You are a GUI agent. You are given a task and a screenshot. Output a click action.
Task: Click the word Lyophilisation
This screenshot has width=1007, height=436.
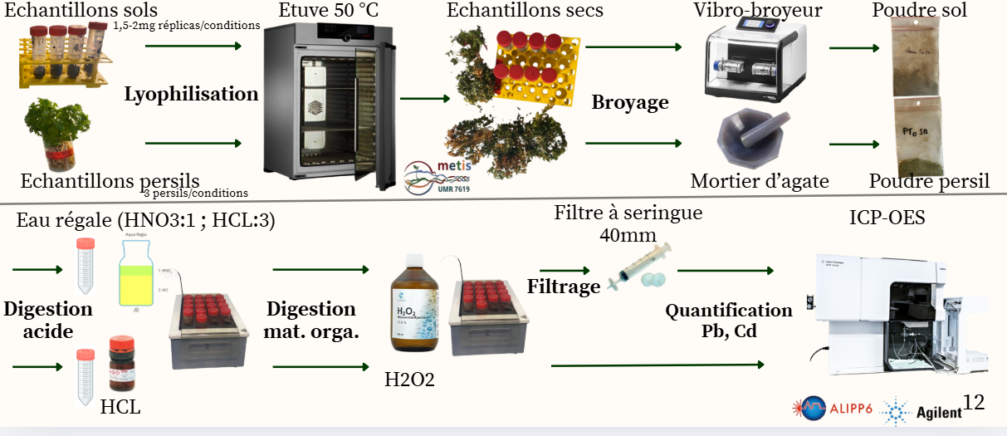[x=191, y=94]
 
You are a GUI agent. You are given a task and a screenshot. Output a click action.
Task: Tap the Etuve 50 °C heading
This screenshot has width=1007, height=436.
[x=321, y=11]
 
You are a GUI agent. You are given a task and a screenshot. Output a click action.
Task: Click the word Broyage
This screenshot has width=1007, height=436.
[x=629, y=103]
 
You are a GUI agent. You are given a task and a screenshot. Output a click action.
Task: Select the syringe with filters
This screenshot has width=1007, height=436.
[x=638, y=268]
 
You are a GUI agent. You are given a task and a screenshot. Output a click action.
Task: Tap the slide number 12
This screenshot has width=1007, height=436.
[x=974, y=403]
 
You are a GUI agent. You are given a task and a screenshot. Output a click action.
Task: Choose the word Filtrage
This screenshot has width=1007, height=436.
[x=564, y=287]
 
